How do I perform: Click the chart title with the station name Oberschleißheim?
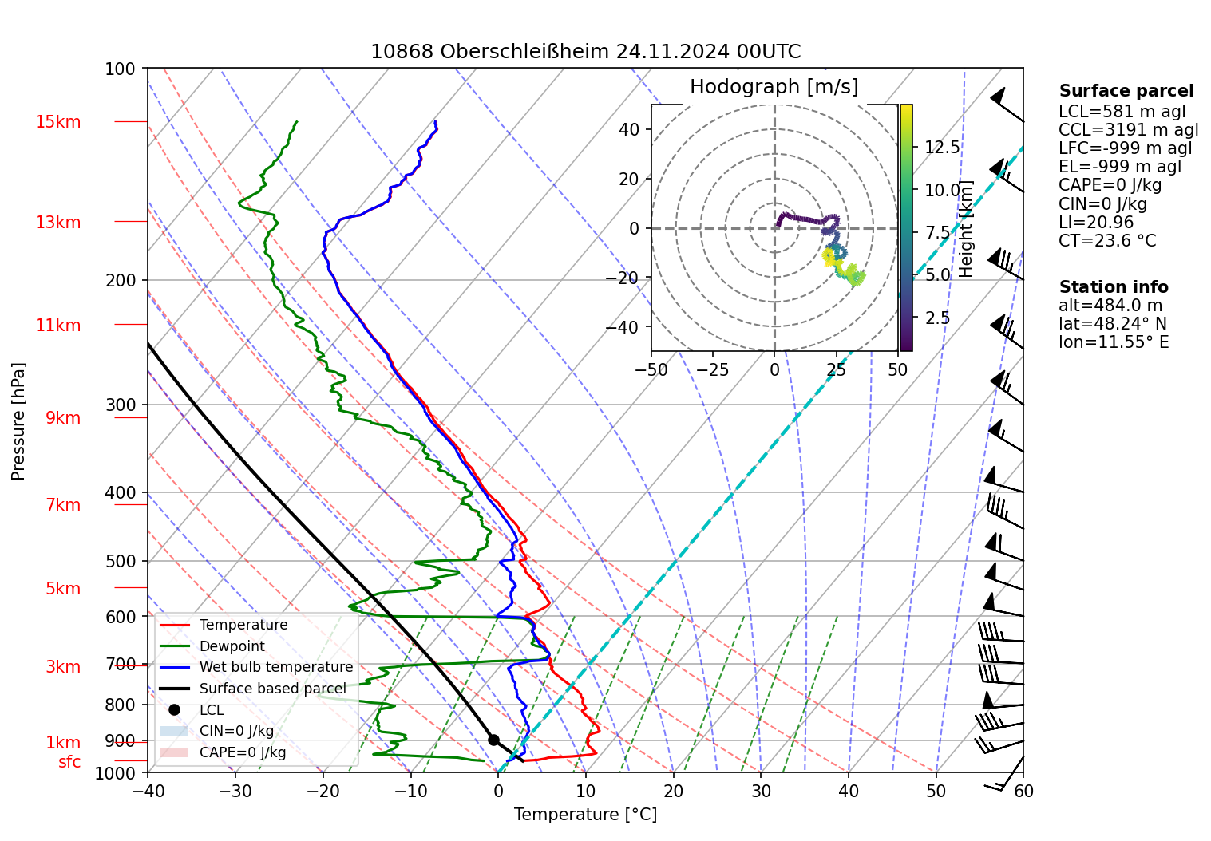(x=585, y=52)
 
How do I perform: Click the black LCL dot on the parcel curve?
(x=493, y=740)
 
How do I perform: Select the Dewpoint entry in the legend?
(x=232, y=646)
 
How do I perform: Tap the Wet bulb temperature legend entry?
(x=275, y=667)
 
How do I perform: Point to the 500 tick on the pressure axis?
(x=121, y=561)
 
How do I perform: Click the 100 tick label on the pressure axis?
(x=121, y=69)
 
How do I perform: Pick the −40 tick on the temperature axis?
(x=148, y=791)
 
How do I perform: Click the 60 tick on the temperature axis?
(x=1023, y=791)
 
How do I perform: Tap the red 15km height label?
(x=57, y=122)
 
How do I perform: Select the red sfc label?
(x=69, y=762)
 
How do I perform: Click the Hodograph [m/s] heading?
(x=774, y=87)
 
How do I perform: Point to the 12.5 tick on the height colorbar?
(x=942, y=148)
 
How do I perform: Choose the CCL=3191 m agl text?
(x=1128, y=130)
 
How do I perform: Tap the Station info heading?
(x=1114, y=287)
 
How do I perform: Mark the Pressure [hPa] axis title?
(x=18, y=421)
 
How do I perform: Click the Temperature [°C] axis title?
(x=585, y=815)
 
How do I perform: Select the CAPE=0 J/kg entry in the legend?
(x=242, y=752)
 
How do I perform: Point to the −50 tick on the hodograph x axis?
(x=651, y=370)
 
